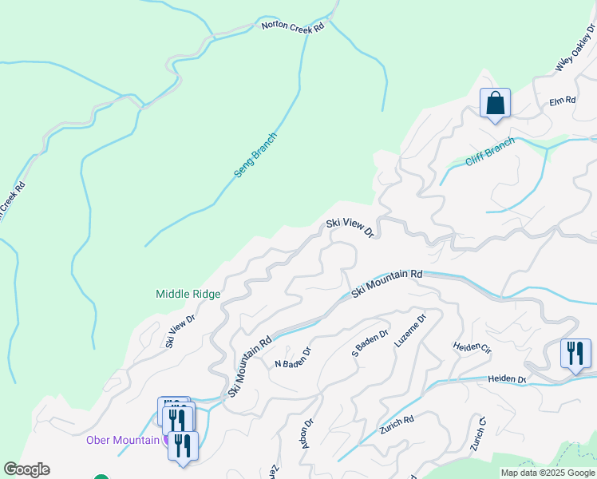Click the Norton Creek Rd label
293,26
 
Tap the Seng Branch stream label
255,155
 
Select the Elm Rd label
563,101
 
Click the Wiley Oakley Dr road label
575,50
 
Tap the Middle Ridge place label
188,294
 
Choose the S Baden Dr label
370,342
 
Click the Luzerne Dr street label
410,330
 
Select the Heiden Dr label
508,378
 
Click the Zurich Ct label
478,433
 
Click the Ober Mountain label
124,440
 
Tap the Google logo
26,469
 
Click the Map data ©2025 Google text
548,473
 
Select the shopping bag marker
495,104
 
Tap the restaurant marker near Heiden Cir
575,353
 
